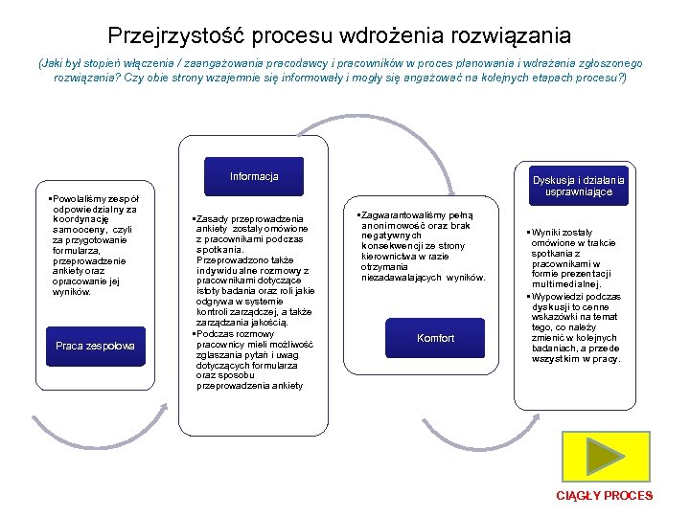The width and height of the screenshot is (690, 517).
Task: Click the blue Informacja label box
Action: (x=254, y=176)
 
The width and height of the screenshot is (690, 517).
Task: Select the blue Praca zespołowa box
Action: (x=95, y=346)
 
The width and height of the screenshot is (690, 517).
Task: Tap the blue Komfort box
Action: (x=436, y=339)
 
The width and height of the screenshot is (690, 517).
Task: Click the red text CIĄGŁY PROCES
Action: (x=605, y=496)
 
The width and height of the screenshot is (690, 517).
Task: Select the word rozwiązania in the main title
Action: (x=519, y=36)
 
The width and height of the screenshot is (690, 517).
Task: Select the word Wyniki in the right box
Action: (x=546, y=232)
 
